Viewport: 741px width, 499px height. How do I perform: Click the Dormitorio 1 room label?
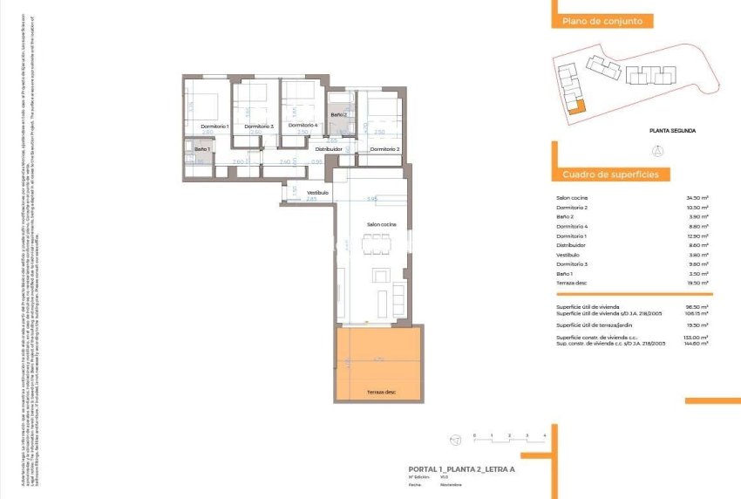(214, 126)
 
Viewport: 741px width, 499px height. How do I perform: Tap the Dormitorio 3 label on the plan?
(259, 126)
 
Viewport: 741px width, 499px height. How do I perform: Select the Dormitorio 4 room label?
(303, 125)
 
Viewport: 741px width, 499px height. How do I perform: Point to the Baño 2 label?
(339, 114)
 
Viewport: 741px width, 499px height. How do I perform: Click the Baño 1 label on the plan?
(202, 150)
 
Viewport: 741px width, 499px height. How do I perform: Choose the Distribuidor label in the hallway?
(329, 149)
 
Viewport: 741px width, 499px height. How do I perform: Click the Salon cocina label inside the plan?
(382, 224)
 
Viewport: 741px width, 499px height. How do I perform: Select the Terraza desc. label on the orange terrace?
(381, 392)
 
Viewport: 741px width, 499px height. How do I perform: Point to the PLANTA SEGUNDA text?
(672, 131)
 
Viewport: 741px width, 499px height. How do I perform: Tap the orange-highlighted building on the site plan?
(574, 107)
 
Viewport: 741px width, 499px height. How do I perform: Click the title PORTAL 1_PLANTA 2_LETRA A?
(449, 469)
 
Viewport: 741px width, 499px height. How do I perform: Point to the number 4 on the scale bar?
(544, 434)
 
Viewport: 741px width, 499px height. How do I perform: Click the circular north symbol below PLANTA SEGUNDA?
(657, 151)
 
